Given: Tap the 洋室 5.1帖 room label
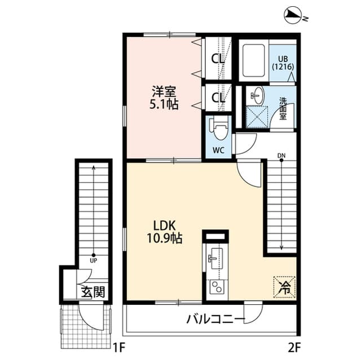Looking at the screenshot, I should tap(164, 97).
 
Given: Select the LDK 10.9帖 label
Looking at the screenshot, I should tap(164, 231).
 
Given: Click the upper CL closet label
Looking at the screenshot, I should tap(218, 59).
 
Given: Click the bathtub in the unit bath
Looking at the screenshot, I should tap(254, 60).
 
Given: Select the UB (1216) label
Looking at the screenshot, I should tap(283, 62).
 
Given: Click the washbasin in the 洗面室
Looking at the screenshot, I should tap(257, 95).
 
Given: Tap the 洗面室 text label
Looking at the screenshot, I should tap(283, 109).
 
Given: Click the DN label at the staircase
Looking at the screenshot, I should tap(281, 155).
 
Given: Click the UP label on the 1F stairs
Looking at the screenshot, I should tap(94, 260).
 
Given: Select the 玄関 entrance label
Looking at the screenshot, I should tap(91, 292).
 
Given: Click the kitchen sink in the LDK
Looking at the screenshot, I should tap(214, 259).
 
